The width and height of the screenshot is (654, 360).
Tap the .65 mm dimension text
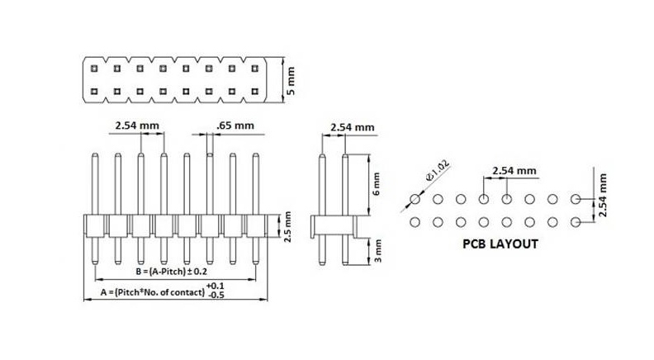pyautogui.click(x=235, y=126)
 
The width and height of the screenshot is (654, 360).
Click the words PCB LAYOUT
pyautogui.click(x=500, y=244)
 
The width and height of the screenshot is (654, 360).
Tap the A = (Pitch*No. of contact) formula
pyautogui.click(x=153, y=291)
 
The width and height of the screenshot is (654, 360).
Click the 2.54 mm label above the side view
pyautogui.click(x=352, y=127)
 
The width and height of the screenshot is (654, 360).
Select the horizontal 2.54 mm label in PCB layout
pyautogui.click(x=514, y=170)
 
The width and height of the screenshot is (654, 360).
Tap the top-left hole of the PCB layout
pyautogui.click(x=415, y=199)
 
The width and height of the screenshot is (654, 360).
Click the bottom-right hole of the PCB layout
pyautogui.click(x=576, y=221)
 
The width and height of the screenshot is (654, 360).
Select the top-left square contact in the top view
pyautogui.click(x=95, y=68)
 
